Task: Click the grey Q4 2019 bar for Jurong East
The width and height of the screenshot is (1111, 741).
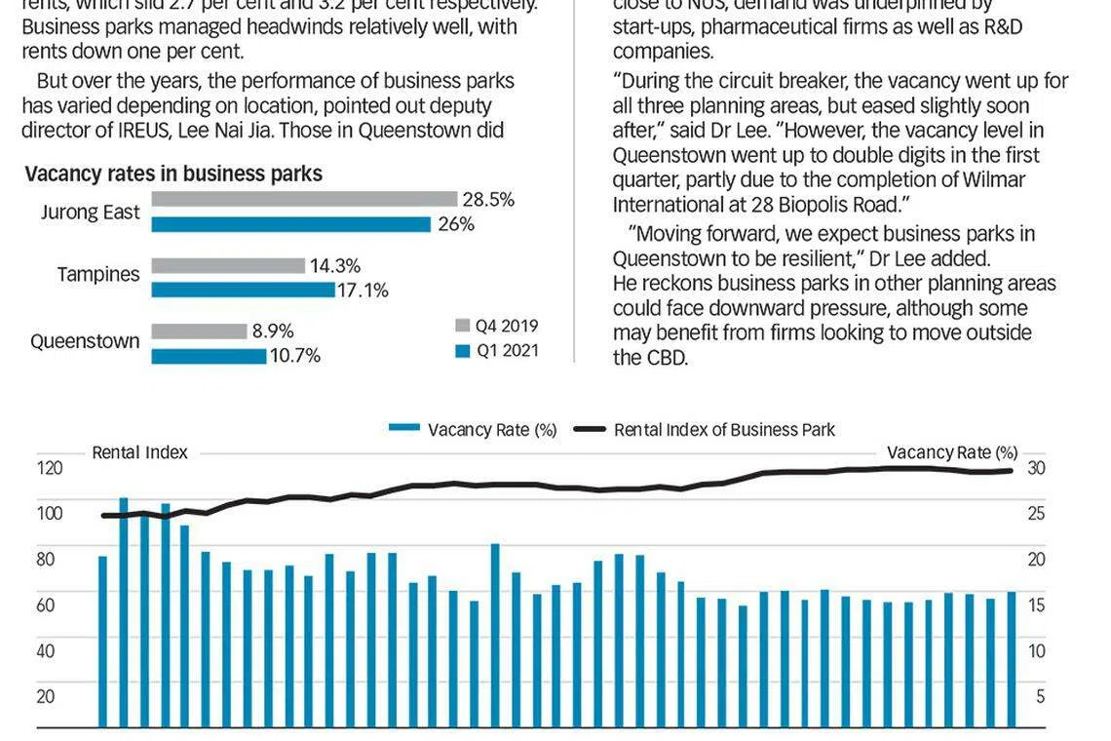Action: [x=304, y=199]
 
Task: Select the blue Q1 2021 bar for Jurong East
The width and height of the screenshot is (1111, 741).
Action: [x=290, y=224]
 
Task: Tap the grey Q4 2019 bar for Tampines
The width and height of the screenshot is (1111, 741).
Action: [x=228, y=265]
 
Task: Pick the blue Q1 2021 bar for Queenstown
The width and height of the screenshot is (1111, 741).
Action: [x=209, y=356]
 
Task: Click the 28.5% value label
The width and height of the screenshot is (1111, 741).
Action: [x=488, y=199]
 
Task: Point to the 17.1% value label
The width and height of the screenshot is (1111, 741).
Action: [x=363, y=290]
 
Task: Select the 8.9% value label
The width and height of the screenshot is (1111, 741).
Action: [x=273, y=331]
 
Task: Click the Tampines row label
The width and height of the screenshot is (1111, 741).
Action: [x=98, y=275]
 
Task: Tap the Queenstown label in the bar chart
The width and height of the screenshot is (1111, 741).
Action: [x=85, y=341]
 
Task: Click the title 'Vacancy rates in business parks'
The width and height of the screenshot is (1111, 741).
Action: [x=173, y=174]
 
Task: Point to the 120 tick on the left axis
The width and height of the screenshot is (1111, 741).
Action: [x=51, y=467]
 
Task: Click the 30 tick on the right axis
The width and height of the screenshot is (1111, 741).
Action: [x=1036, y=467]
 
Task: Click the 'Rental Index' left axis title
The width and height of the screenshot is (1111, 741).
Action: [x=139, y=452]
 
